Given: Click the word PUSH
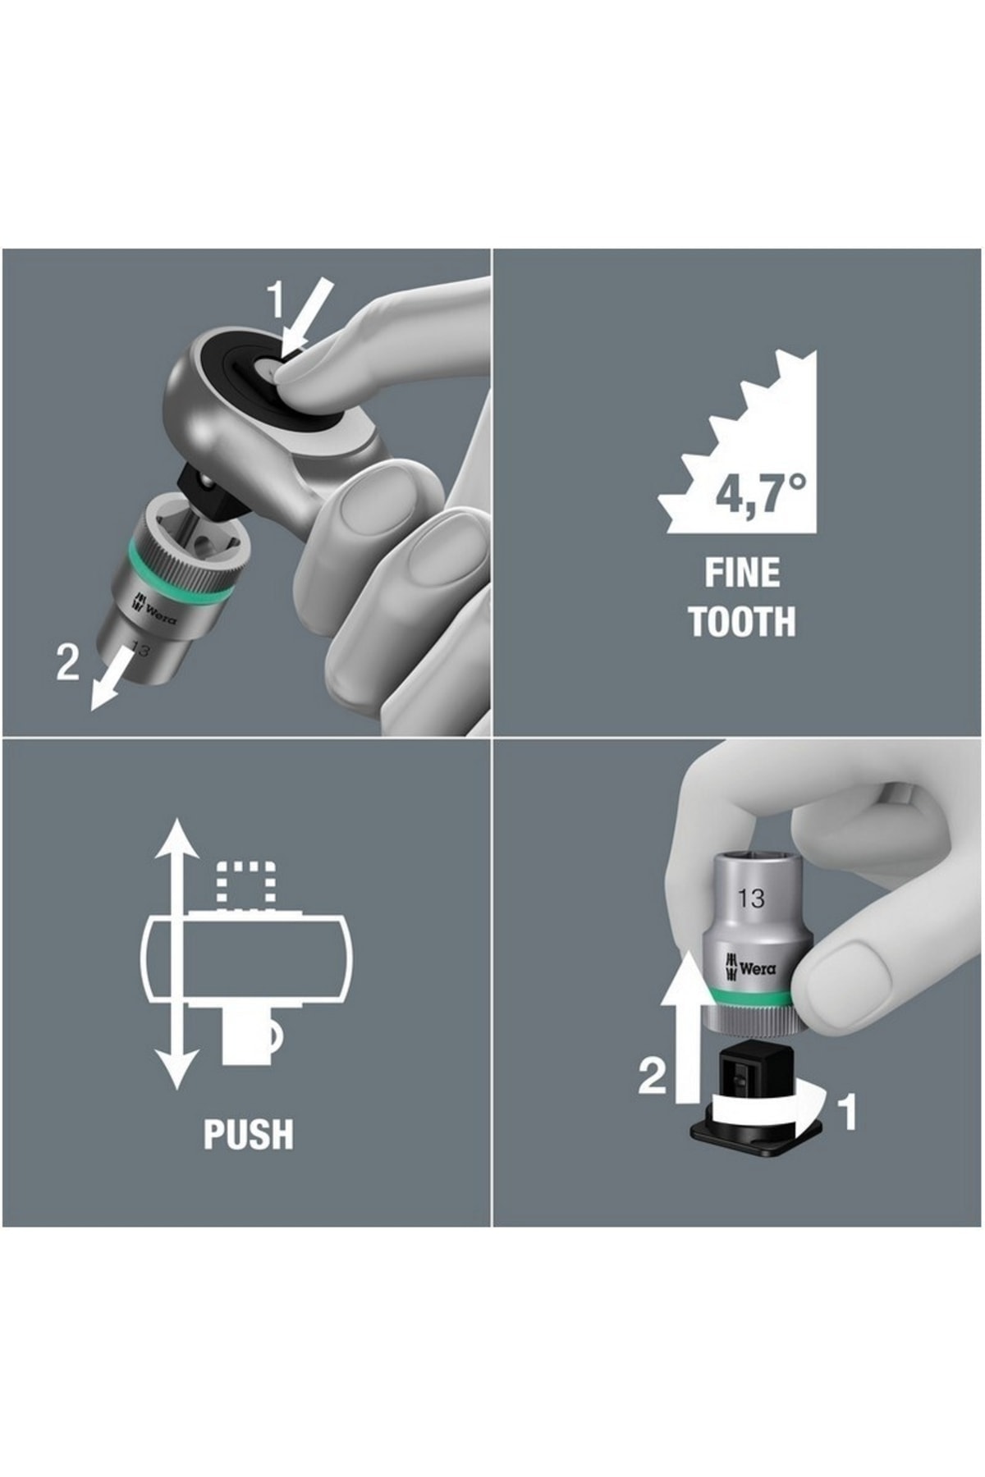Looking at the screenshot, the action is point(248,1134).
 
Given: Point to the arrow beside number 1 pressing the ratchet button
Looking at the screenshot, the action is point(308,318).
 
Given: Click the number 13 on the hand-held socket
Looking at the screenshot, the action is point(750,898).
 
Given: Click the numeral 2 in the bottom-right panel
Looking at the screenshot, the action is point(653,1075).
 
